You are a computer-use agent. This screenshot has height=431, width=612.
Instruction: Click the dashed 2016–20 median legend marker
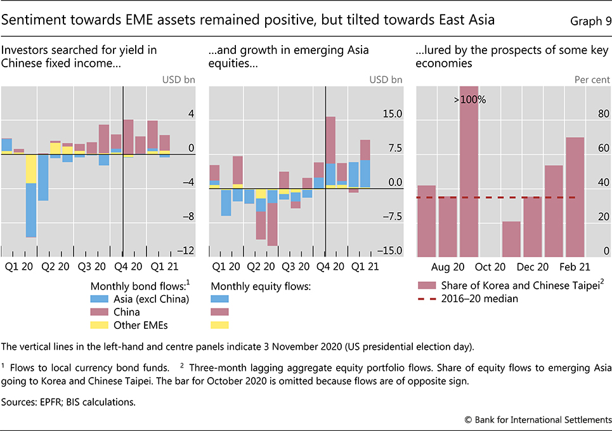coord(426,299)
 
